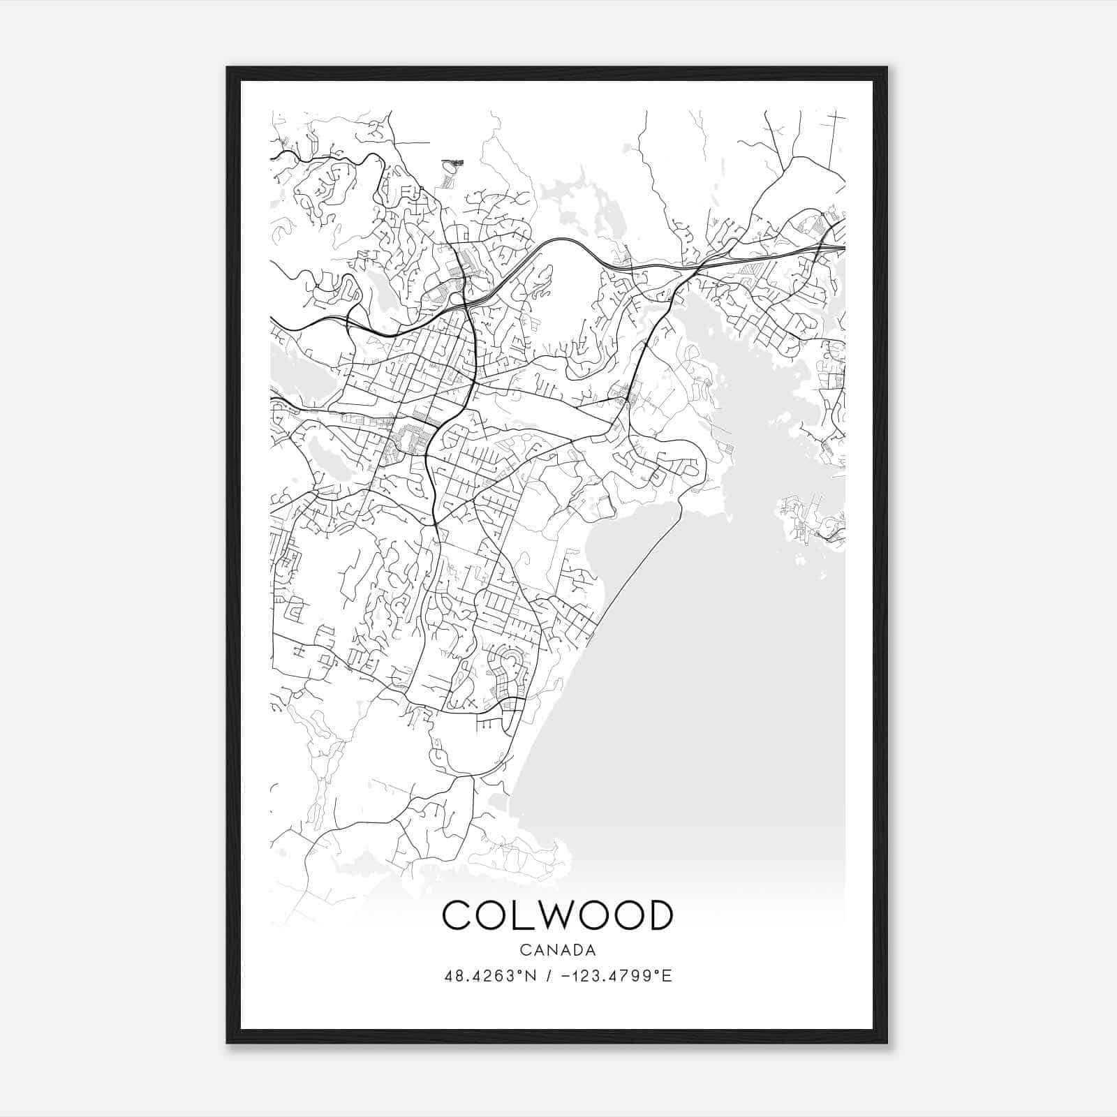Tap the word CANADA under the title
tap(557, 950)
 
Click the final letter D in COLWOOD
tap(658, 915)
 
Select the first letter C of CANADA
tap(524, 950)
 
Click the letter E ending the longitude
tap(667, 976)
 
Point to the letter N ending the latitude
tap(531, 976)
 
